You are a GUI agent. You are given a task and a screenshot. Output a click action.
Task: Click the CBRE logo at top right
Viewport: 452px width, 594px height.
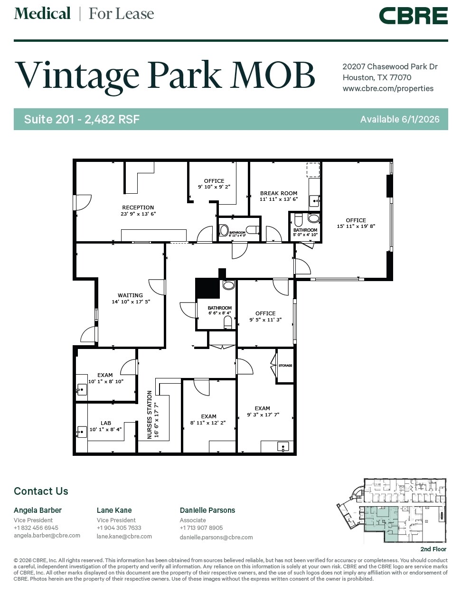[x=413, y=16]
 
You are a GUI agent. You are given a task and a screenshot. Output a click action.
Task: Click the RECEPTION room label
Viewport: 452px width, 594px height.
[x=138, y=207]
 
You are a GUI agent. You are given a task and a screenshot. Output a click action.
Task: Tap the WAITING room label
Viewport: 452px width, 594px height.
[x=130, y=295]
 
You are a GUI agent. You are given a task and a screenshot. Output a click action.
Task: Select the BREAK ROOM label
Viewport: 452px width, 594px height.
[x=279, y=193]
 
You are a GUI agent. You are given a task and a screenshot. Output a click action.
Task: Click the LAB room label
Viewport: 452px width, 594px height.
[x=105, y=423]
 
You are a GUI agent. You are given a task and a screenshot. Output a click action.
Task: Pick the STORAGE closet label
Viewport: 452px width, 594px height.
[x=285, y=366]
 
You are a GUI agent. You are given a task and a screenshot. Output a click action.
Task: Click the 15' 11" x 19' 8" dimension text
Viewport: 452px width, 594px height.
[x=356, y=226]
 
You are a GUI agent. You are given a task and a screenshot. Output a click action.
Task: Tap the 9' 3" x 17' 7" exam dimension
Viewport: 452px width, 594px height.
[x=263, y=415]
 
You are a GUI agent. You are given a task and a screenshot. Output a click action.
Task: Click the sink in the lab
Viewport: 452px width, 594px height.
[x=82, y=432]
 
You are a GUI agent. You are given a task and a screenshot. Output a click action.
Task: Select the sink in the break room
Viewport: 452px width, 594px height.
[x=314, y=201]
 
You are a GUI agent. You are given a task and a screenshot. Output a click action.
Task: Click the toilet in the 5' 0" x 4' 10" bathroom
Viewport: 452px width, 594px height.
[x=299, y=220]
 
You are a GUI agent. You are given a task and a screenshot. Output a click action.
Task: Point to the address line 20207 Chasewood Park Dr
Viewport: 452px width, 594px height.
[x=390, y=67]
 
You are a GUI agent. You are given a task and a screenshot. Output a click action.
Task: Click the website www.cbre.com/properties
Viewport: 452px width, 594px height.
[x=388, y=88]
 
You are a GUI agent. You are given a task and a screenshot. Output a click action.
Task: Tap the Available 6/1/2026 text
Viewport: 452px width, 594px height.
[x=400, y=119]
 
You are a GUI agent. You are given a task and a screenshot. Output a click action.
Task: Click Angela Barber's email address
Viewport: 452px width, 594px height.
[x=47, y=536]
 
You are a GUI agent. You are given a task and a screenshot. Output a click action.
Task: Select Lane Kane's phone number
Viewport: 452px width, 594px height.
[x=119, y=528]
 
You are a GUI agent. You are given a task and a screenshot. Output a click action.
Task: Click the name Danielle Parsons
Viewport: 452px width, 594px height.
[x=207, y=510]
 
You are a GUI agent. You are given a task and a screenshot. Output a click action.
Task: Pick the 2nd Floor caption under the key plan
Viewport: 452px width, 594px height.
[x=433, y=549]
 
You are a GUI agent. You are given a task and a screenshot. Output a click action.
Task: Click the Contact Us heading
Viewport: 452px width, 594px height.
[x=41, y=491]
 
